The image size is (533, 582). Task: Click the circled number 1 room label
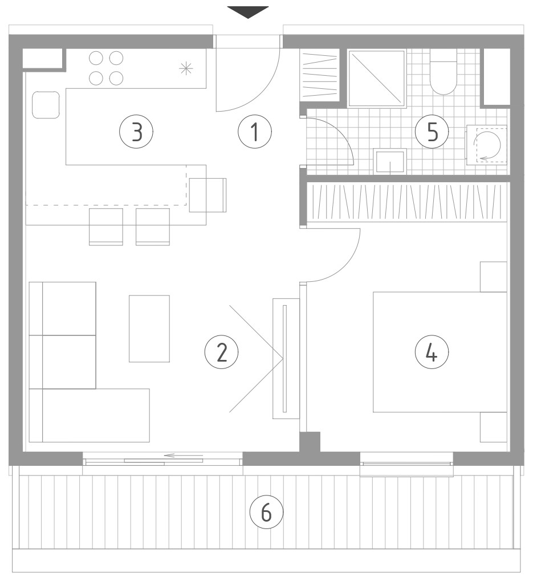pos(255,132)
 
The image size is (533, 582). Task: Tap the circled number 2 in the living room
pos(221,352)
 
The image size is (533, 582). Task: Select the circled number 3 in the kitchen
pos(136,132)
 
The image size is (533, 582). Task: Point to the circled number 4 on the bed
pos(432,352)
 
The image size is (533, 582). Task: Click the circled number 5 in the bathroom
pos(432,132)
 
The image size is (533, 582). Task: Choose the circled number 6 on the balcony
pos(266,513)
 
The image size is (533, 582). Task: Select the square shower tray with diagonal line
pos(377,79)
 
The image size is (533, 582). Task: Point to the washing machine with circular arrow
pos(487,145)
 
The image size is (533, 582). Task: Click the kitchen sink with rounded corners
pos(46,105)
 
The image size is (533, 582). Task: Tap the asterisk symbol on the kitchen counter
pos(186,68)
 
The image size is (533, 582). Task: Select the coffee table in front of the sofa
pos(149,329)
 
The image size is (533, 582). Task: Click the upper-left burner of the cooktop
pos(96,58)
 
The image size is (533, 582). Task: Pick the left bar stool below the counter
pos(106,227)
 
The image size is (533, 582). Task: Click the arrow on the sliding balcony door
pos(184,455)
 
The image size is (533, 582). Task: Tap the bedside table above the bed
pos(494,277)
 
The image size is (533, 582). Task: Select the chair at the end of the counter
pos(207,195)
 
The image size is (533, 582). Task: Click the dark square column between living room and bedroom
pos(310,442)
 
